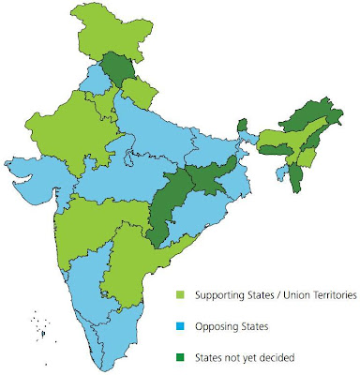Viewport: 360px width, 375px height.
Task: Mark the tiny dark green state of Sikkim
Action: [241, 126]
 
